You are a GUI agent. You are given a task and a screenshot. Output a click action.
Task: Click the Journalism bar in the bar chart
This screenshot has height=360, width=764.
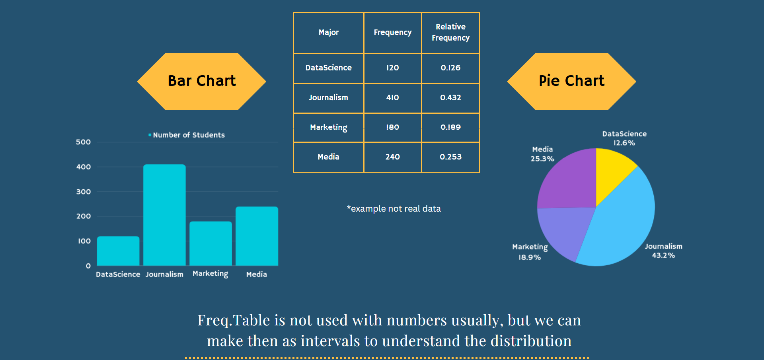coord(164,215)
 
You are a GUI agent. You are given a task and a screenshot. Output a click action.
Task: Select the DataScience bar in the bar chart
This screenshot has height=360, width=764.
coord(118,251)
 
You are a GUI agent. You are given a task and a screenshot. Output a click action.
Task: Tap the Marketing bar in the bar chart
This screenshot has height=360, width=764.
coord(210,243)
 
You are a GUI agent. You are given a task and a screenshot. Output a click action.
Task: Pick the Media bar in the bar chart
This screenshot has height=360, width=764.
coord(257,236)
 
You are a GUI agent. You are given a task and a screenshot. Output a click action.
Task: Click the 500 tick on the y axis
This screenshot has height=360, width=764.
coord(83,142)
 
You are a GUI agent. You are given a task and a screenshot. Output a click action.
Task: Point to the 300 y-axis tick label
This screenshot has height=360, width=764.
coord(83,192)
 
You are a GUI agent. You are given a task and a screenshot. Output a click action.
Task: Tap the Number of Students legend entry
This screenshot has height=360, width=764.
coord(187,135)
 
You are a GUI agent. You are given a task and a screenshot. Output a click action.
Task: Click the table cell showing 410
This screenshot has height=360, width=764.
coord(392,97)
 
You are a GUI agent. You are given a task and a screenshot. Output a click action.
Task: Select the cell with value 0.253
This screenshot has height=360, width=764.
coord(450,157)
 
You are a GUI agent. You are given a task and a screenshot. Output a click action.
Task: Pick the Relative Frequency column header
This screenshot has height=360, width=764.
coord(450,32)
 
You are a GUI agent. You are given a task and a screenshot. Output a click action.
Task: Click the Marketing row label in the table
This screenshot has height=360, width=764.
coord(328,127)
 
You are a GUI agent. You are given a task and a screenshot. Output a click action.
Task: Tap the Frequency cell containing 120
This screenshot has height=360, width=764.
coord(392,68)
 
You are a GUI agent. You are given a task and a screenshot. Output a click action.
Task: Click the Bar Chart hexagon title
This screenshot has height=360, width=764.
coord(202,81)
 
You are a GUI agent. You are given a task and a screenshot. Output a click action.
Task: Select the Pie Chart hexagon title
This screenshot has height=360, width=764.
coord(571,81)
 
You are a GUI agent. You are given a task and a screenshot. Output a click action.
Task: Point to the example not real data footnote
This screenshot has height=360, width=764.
coord(394,208)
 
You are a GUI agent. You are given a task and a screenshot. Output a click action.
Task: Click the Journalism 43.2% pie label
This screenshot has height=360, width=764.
coord(663,251)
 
